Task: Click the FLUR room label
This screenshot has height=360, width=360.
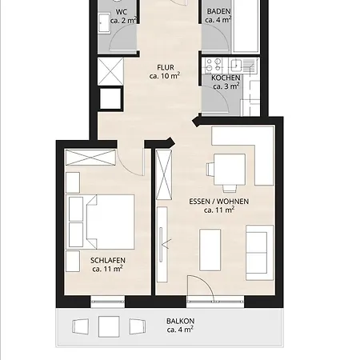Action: [166, 67]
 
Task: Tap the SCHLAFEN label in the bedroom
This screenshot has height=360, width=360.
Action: [108, 260]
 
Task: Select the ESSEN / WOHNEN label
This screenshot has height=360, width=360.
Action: [219, 202]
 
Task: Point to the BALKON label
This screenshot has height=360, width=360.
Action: [180, 321]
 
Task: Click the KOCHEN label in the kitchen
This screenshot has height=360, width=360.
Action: [226, 78]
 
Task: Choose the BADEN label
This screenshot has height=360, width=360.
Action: [218, 11]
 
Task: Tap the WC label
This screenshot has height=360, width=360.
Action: [122, 12]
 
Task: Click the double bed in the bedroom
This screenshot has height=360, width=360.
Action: [110, 222]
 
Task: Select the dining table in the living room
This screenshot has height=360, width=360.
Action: [230, 170]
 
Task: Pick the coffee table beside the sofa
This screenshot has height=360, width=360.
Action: [210, 250]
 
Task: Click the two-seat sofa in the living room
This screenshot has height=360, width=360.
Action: [259, 253]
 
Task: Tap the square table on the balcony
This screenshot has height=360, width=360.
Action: [109, 326]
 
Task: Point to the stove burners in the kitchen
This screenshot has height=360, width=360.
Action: [213, 65]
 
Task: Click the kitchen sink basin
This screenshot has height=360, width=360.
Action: [236, 66]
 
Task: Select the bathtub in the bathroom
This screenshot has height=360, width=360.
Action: [246, 26]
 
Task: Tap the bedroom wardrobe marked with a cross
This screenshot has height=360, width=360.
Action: [90, 158]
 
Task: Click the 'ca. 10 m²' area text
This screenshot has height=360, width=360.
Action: [165, 76]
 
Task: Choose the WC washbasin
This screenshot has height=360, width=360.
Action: [104, 23]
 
